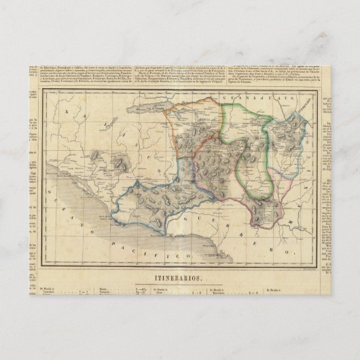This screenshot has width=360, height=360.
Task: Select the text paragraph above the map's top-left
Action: (82, 75)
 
